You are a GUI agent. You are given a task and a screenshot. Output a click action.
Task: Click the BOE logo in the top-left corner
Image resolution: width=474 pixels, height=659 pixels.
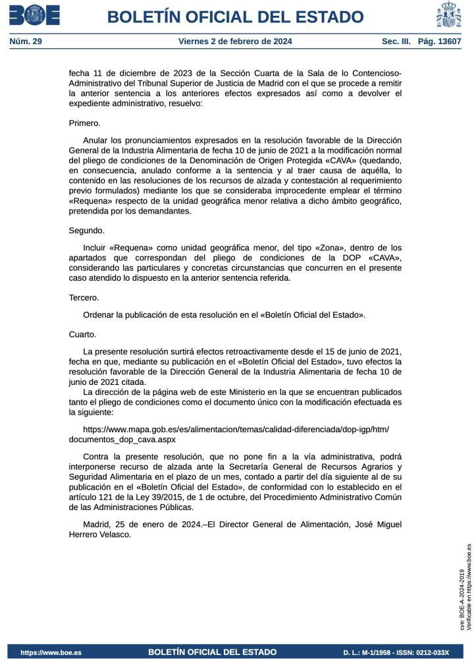(x=34, y=15)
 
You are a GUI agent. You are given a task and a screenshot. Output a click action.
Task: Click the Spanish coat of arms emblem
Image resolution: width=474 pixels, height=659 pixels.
(x=449, y=15)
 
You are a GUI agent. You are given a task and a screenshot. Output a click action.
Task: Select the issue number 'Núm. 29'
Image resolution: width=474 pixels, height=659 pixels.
(x=26, y=42)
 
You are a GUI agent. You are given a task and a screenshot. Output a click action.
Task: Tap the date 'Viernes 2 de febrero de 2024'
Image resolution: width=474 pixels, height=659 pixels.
(x=235, y=42)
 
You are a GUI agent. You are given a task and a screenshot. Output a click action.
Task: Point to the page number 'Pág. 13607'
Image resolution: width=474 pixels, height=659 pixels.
(x=440, y=42)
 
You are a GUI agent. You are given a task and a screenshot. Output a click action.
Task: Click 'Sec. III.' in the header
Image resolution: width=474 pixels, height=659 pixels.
(x=396, y=42)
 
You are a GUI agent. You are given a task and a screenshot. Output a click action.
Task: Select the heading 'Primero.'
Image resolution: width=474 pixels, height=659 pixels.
(x=85, y=123)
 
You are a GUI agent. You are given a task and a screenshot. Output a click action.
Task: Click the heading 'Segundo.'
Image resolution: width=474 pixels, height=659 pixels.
(x=87, y=231)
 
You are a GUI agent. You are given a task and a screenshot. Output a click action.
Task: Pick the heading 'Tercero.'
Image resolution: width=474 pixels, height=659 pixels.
(x=84, y=298)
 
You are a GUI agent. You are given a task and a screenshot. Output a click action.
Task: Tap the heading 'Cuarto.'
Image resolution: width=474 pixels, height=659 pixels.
(x=83, y=334)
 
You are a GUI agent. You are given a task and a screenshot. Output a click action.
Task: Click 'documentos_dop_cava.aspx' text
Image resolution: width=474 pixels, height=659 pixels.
(x=122, y=439)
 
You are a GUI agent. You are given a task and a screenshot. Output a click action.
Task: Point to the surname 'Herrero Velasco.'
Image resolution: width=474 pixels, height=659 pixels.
(x=100, y=534)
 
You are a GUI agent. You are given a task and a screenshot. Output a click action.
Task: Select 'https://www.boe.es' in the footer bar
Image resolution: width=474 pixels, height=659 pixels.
(x=51, y=652)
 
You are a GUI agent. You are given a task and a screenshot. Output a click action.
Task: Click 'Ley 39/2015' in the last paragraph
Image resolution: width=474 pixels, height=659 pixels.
(x=150, y=498)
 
